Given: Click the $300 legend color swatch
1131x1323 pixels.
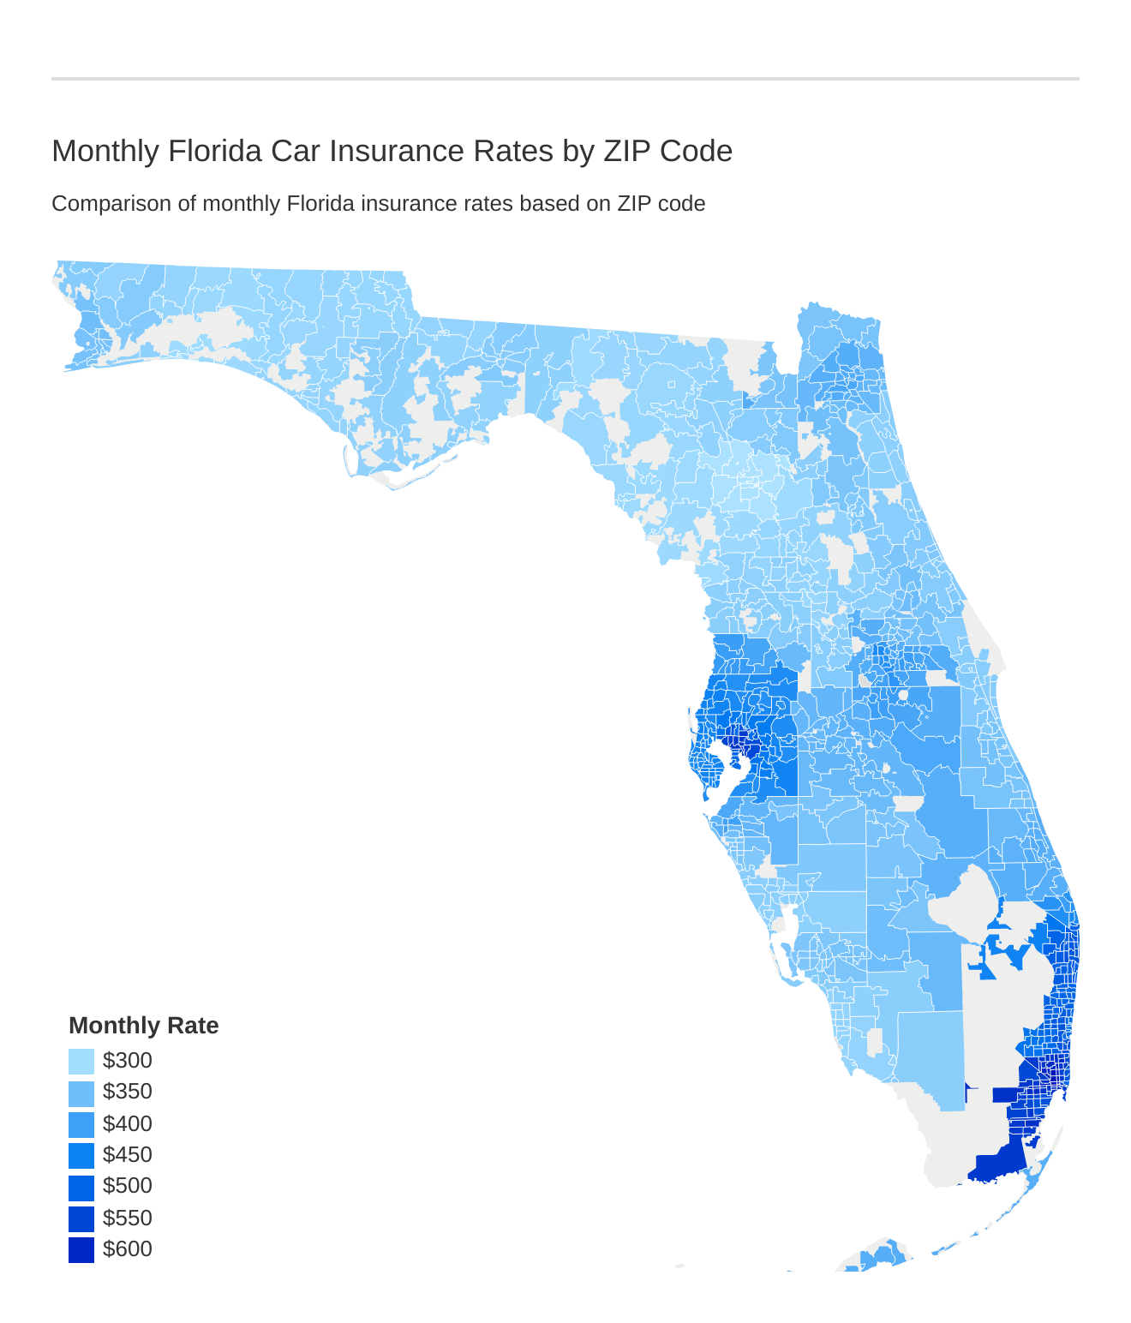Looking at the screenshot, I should [81, 1062].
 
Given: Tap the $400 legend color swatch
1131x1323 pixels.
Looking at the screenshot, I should [81, 1124].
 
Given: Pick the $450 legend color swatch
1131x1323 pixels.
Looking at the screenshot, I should [81, 1156].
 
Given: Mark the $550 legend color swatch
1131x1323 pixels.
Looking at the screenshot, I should [81, 1218].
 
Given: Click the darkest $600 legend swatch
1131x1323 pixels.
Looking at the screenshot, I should [81, 1250].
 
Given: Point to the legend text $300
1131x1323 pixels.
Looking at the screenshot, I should [127, 1061].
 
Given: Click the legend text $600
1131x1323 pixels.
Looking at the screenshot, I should [127, 1249].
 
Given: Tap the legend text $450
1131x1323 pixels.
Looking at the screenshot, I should [127, 1155].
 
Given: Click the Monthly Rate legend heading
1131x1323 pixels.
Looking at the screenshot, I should [143, 1026].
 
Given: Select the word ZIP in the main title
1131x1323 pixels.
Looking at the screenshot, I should [628, 151].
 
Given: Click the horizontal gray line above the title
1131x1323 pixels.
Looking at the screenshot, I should [565, 79].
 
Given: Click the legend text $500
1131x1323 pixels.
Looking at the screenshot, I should [127, 1186].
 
